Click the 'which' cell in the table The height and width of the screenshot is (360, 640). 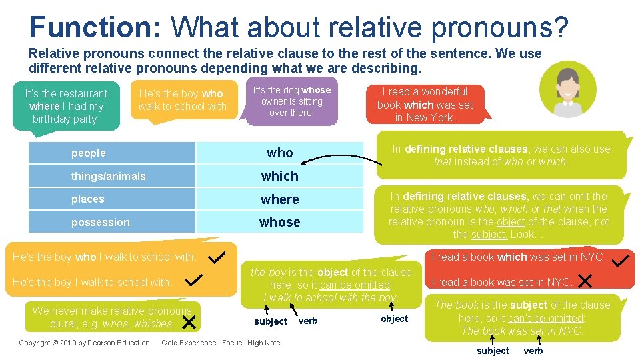(279, 176)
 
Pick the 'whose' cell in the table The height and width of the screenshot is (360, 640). (279, 222)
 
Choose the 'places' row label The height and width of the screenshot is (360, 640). (88, 199)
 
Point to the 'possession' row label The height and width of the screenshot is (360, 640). (101, 222)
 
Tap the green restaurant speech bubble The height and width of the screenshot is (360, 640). (66, 106)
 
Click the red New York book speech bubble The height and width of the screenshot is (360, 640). (425, 104)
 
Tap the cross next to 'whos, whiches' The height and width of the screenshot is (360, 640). (189, 323)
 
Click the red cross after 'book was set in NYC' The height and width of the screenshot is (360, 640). (585, 281)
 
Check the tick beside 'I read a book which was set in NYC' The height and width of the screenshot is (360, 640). (620, 259)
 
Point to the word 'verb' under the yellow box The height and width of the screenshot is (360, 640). (308, 321)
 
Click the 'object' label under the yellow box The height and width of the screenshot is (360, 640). (394, 319)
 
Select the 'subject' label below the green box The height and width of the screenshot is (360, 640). (493, 351)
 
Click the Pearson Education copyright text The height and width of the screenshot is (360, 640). (84, 343)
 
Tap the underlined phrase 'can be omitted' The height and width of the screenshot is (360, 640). (355, 285)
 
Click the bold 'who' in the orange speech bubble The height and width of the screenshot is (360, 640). (212, 94)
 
